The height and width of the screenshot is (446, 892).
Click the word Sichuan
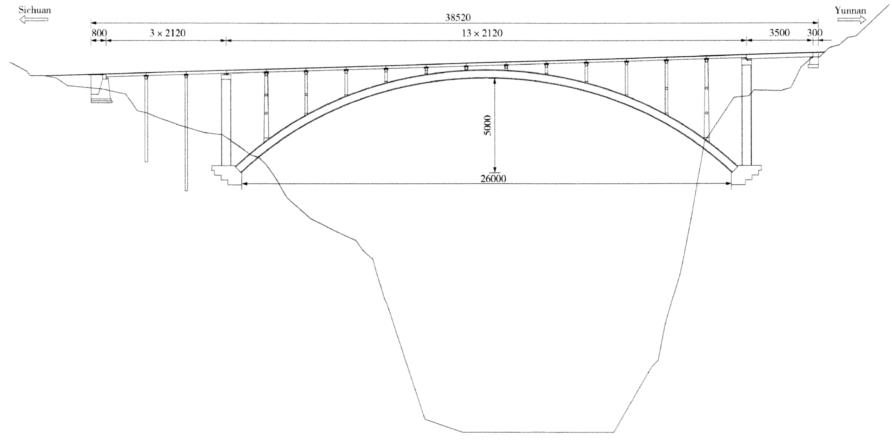coord(35,10)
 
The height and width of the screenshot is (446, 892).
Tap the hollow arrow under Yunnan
coord(851,20)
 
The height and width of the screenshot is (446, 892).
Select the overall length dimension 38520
coord(458,17)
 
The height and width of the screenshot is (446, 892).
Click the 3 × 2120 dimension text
coord(167,33)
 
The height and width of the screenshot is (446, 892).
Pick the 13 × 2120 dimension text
coord(482,33)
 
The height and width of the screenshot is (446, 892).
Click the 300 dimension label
coord(814,33)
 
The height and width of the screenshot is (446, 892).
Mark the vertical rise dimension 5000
coord(487,125)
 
